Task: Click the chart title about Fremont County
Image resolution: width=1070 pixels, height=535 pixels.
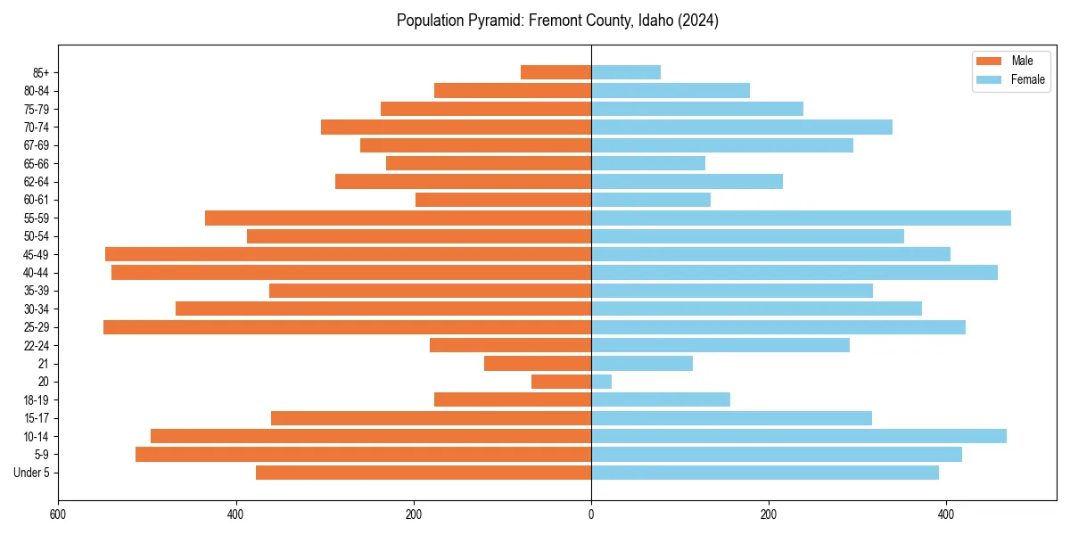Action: pos(557,21)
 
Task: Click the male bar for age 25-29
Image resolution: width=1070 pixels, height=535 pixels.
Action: pos(347,327)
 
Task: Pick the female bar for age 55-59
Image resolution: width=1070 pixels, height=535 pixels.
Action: pos(801,218)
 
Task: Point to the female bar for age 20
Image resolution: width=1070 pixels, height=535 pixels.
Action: pos(602,382)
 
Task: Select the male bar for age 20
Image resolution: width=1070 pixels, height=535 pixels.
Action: pos(562,382)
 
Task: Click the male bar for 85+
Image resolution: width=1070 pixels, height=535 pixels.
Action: pos(556,72)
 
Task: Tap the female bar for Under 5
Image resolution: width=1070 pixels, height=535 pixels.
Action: pos(765,473)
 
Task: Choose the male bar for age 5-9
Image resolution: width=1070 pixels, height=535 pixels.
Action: pos(363,455)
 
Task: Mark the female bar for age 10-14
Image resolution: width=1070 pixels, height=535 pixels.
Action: pos(799,436)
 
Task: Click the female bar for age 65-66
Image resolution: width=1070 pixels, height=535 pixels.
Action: pos(648,163)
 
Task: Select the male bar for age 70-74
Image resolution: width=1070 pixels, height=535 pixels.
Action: pos(456,127)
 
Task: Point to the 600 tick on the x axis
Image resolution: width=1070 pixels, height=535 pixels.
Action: pos(58,514)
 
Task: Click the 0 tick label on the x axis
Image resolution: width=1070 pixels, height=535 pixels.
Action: pos(591,514)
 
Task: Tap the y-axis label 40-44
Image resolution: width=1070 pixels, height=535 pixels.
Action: pos(36,273)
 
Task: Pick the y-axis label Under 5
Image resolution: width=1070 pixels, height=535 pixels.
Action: pos(31,473)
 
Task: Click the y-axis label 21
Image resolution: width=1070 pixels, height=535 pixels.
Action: pos(43,364)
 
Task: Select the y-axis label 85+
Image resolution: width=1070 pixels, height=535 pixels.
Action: pos(39,72)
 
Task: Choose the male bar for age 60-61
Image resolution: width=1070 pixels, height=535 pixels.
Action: pos(503,200)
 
